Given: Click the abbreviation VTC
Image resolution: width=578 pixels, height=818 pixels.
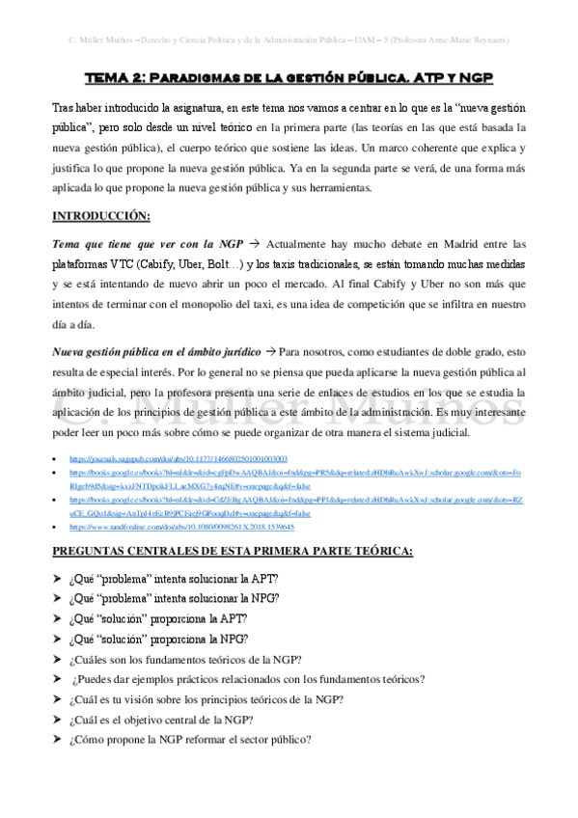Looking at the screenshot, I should coord(107,263).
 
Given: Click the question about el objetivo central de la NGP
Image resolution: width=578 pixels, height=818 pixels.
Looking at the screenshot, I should coord(161,720).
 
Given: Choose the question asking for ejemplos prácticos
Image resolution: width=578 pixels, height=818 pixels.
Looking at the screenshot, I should coord(247,679).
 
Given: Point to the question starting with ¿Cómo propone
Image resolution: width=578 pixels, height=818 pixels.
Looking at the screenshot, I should coord(189,740).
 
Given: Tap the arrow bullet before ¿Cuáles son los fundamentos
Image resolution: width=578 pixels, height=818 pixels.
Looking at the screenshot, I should coord(58,660).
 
